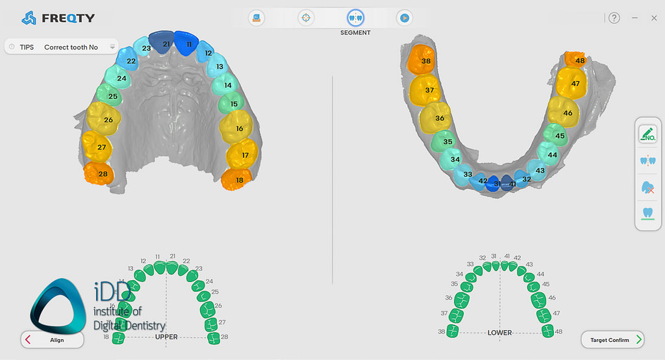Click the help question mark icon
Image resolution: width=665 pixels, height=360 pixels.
click(614, 18)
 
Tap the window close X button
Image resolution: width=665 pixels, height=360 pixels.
click(654, 18)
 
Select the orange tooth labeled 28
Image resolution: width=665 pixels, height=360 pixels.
click(99, 174)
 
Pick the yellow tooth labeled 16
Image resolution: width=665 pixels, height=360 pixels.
click(238, 128)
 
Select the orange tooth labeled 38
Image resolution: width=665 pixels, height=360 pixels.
click(422, 60)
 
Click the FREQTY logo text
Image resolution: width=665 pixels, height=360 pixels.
click(68, 18)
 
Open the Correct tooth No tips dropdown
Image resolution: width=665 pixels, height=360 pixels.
click(112, 47)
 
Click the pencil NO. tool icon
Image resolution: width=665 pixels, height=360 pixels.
click(647, 135)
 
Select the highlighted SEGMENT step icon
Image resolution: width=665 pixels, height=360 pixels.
click(355, 18)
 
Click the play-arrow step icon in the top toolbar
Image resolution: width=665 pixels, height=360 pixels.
click(404, 18)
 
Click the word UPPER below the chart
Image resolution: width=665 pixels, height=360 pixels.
click(166, 337)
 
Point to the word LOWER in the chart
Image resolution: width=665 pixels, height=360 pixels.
click(499, 333)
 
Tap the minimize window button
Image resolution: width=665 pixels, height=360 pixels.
click(634, 18)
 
